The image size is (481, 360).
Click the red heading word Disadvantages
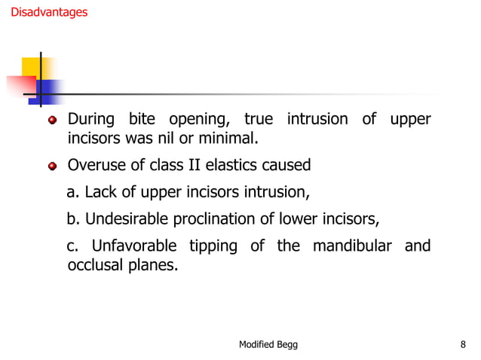click(49, 13)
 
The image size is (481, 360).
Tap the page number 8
click(462, 344)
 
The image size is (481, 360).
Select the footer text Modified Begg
click(268, 344)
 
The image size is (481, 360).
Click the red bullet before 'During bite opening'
click(52, 121)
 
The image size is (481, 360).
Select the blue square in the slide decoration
click(49, 90)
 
